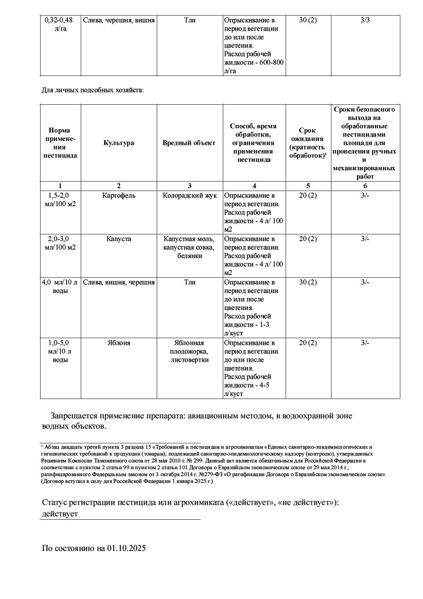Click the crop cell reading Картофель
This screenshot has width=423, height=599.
coord(118,195)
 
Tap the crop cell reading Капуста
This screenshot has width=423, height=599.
coord(118,239)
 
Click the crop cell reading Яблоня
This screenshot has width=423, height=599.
coord(118,343)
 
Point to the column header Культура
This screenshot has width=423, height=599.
coord(118,143)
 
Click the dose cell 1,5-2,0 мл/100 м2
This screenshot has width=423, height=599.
coord(60,200)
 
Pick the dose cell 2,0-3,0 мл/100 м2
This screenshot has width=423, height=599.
coord(60,243)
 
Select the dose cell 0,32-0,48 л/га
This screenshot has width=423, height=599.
coord(60,25)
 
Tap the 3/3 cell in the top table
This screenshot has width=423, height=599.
coord(365,20)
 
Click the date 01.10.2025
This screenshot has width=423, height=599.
coord(127,548)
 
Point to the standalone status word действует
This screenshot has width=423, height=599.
coord(60,514)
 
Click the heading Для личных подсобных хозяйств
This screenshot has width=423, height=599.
coord(93,90)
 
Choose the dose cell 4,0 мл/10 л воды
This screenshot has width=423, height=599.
coord(60,286)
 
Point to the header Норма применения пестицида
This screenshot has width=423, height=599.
coord(60,143)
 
